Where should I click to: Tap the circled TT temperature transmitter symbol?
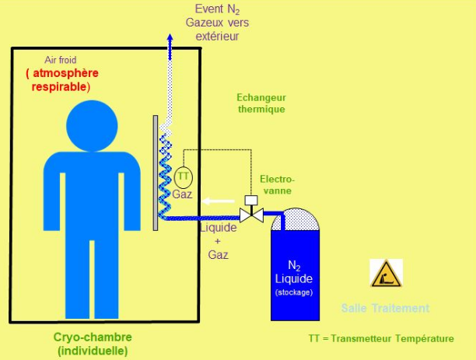pyautogui.click(x=183, y=177)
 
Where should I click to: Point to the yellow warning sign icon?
pyautogui.click(x=386, y=273)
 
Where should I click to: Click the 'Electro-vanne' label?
pyautogui.click(x=278, y=185)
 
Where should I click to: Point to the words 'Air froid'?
pyautogui.click(x=59, y=60)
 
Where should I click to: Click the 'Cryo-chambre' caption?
pyautogui.click(x=93, y=337)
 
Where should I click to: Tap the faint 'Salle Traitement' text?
pyautogui.click(x=385, y=308)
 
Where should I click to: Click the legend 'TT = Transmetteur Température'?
pyautogui.click(x=380, y=339)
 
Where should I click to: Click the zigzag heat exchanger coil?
pyautogui.click(x=165, y=173)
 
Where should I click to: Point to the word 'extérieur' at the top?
pyautogui.click(x=212, y=37)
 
